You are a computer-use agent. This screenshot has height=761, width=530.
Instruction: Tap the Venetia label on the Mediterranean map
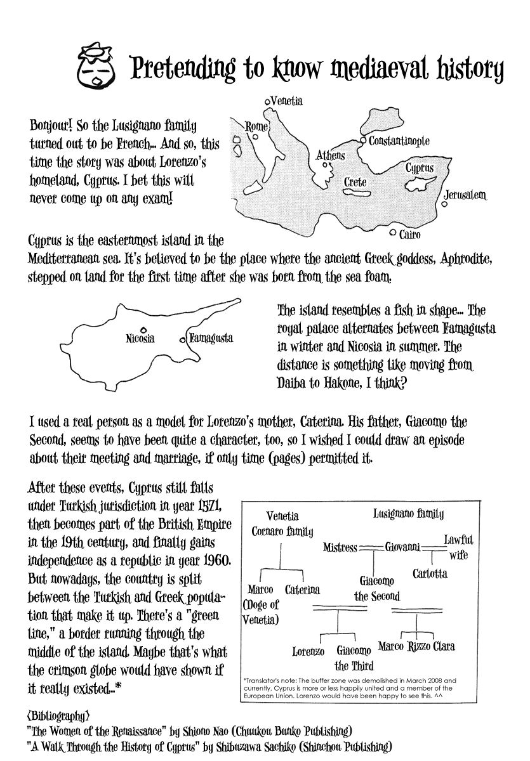pos(286,101)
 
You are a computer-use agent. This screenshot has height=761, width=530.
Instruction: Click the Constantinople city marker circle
pos(362,140)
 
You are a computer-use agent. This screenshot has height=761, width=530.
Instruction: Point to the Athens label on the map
pos(331,155)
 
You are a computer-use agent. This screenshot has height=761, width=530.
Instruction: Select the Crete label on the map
pos(355,182)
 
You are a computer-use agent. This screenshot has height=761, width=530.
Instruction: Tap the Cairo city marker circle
pos(394,233)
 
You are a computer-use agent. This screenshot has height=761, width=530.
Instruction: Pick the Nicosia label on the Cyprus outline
pos(140,339)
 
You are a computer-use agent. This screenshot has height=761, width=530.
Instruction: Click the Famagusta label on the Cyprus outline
pos(211,338)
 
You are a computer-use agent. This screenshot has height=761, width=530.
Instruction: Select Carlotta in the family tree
pos(430,573)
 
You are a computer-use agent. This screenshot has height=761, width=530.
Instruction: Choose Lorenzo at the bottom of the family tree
pos(308,651)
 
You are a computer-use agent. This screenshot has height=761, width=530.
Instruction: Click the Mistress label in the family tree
pos(340,547)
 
